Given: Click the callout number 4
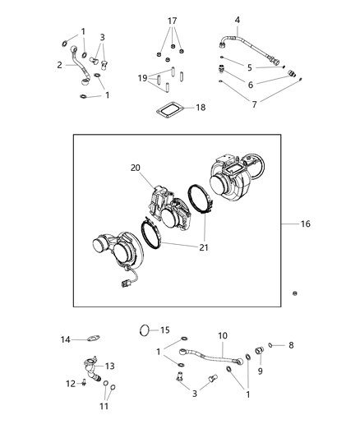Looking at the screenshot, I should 238,20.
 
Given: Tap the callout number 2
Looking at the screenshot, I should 60,64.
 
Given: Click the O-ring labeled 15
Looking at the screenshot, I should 145,332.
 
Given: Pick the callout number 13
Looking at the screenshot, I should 108,366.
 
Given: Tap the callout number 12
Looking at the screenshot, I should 71,383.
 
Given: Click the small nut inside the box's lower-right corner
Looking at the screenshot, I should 295,293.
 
